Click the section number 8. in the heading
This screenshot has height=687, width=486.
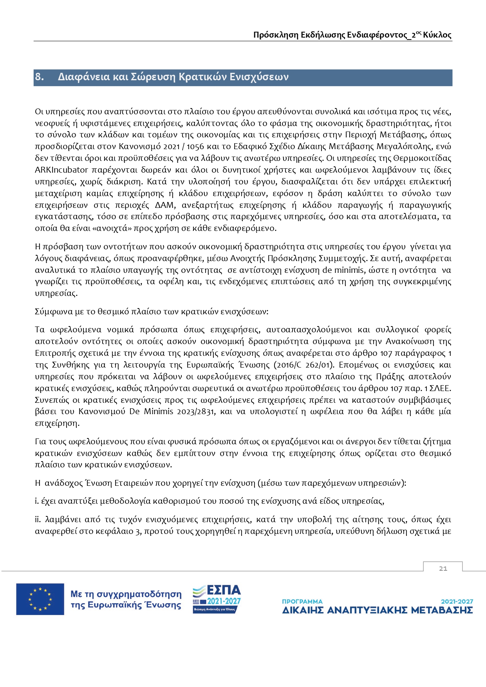(x=39, y=77)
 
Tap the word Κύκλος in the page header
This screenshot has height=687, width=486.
(x=437, y=35)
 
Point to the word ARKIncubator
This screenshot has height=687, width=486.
(x=61, y=170)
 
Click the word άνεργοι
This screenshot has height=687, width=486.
(x=358, y=442)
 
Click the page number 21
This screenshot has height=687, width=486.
(x=443, y=568)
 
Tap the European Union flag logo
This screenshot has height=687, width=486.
(x=40, y=599)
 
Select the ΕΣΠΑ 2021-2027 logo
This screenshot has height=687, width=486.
(x=217, y=599)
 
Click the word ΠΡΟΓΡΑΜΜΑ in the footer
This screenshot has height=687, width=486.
(x=302, y=601)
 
